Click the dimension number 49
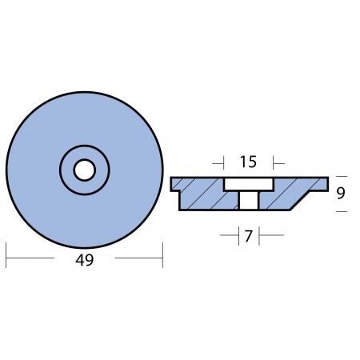(85, 260)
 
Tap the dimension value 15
(248, 162)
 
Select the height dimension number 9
(341, 194)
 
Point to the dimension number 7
(248, 236)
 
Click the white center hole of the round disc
(85, 170)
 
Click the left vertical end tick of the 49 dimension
(6, 255)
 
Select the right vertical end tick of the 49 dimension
(162, 255)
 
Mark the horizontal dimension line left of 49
(30, 258)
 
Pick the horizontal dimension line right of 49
(138, 258)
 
